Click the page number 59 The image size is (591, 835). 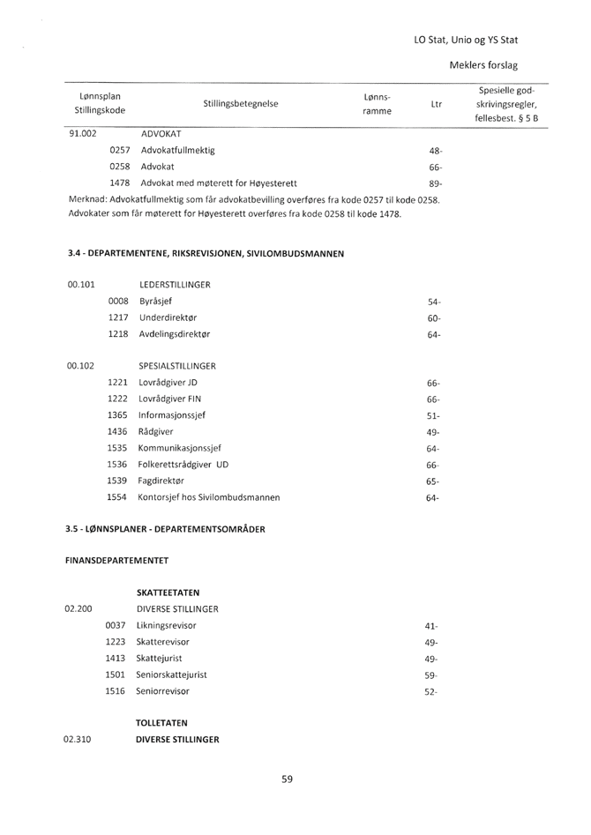pos(288,779)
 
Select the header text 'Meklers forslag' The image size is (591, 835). pos(483,66)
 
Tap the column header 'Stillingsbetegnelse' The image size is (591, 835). pos(241,104)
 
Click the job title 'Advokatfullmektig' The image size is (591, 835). pos(176,150)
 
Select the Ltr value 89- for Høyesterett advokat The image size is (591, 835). pos(435,183)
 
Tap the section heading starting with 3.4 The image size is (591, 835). pos(206,255)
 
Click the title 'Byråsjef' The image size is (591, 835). pos(158,302)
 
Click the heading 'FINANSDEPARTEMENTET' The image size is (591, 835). pos(120,560)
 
